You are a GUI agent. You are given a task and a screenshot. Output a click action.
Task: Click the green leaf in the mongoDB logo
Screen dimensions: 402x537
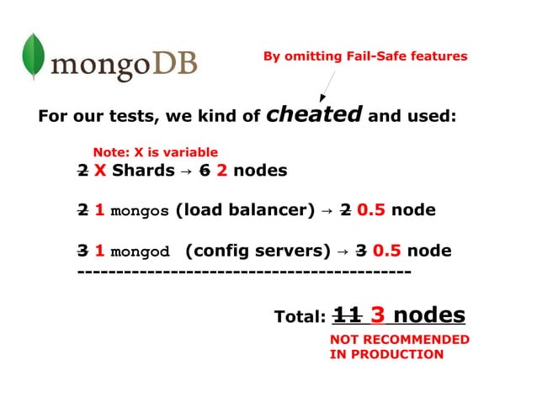tap(33, 57)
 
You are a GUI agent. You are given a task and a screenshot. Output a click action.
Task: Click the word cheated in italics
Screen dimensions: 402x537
tap(314, 114)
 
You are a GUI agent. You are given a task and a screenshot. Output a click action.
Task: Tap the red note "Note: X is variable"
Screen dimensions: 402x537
tap(155, 152)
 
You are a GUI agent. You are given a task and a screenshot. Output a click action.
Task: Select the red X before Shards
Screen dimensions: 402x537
tap(99, 171)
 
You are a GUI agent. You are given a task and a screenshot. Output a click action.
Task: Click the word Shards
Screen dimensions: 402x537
tap(142, 171)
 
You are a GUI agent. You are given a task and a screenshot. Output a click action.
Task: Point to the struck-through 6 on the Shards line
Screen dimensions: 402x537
tap(204, 171)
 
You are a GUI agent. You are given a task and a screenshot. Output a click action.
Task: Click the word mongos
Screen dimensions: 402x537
tap(140, 210)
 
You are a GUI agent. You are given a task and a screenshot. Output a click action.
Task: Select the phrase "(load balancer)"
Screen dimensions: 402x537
tap(245, 210)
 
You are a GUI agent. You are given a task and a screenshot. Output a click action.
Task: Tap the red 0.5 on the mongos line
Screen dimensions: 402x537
tap(371, 210)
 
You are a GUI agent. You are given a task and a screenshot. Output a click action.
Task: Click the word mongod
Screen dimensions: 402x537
tap(141, 251)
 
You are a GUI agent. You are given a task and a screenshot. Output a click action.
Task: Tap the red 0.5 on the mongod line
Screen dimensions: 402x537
tap(386, 251)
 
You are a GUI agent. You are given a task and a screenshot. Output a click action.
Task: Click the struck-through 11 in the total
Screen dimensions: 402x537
tap(348, 315)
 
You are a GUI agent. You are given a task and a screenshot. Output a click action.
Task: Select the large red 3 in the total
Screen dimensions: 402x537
tap(377, 315)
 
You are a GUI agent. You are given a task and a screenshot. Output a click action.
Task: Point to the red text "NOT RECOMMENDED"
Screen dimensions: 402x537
tap(399, 340)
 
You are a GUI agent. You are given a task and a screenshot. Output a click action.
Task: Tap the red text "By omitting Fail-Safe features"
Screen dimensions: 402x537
tap(364, 56)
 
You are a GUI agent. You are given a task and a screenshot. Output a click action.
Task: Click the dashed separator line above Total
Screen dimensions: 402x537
tap(244, 272)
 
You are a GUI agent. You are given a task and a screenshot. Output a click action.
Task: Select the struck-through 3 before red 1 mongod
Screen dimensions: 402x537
tap(82, 251)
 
